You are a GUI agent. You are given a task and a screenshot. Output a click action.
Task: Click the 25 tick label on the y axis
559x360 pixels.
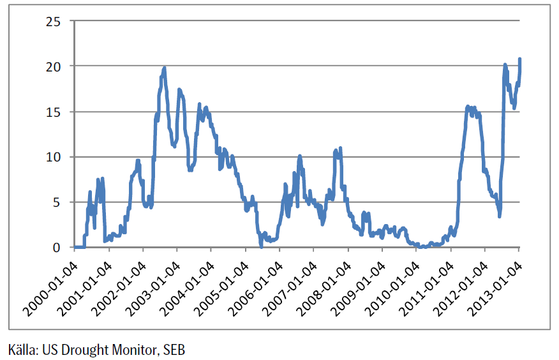[x=54, y=22]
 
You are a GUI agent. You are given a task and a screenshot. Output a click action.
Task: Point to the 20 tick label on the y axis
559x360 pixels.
[x=54, y=66]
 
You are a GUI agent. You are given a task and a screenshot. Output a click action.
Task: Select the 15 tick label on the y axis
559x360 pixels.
[x=54, y=112]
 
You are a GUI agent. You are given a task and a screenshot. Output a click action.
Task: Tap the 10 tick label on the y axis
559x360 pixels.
[x=54, y=157]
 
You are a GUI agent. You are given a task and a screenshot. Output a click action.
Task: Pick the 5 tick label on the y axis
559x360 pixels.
[x=57, y=202]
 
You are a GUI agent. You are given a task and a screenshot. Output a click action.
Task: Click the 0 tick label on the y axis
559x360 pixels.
[x=57, y=248]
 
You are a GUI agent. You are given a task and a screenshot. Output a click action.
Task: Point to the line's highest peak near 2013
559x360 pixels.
[x=519, y=59]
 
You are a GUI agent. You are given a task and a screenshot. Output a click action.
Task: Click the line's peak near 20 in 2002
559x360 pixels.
[x=164, y=68]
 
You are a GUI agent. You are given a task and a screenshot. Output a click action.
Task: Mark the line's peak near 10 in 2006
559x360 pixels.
[x=299, y=156]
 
